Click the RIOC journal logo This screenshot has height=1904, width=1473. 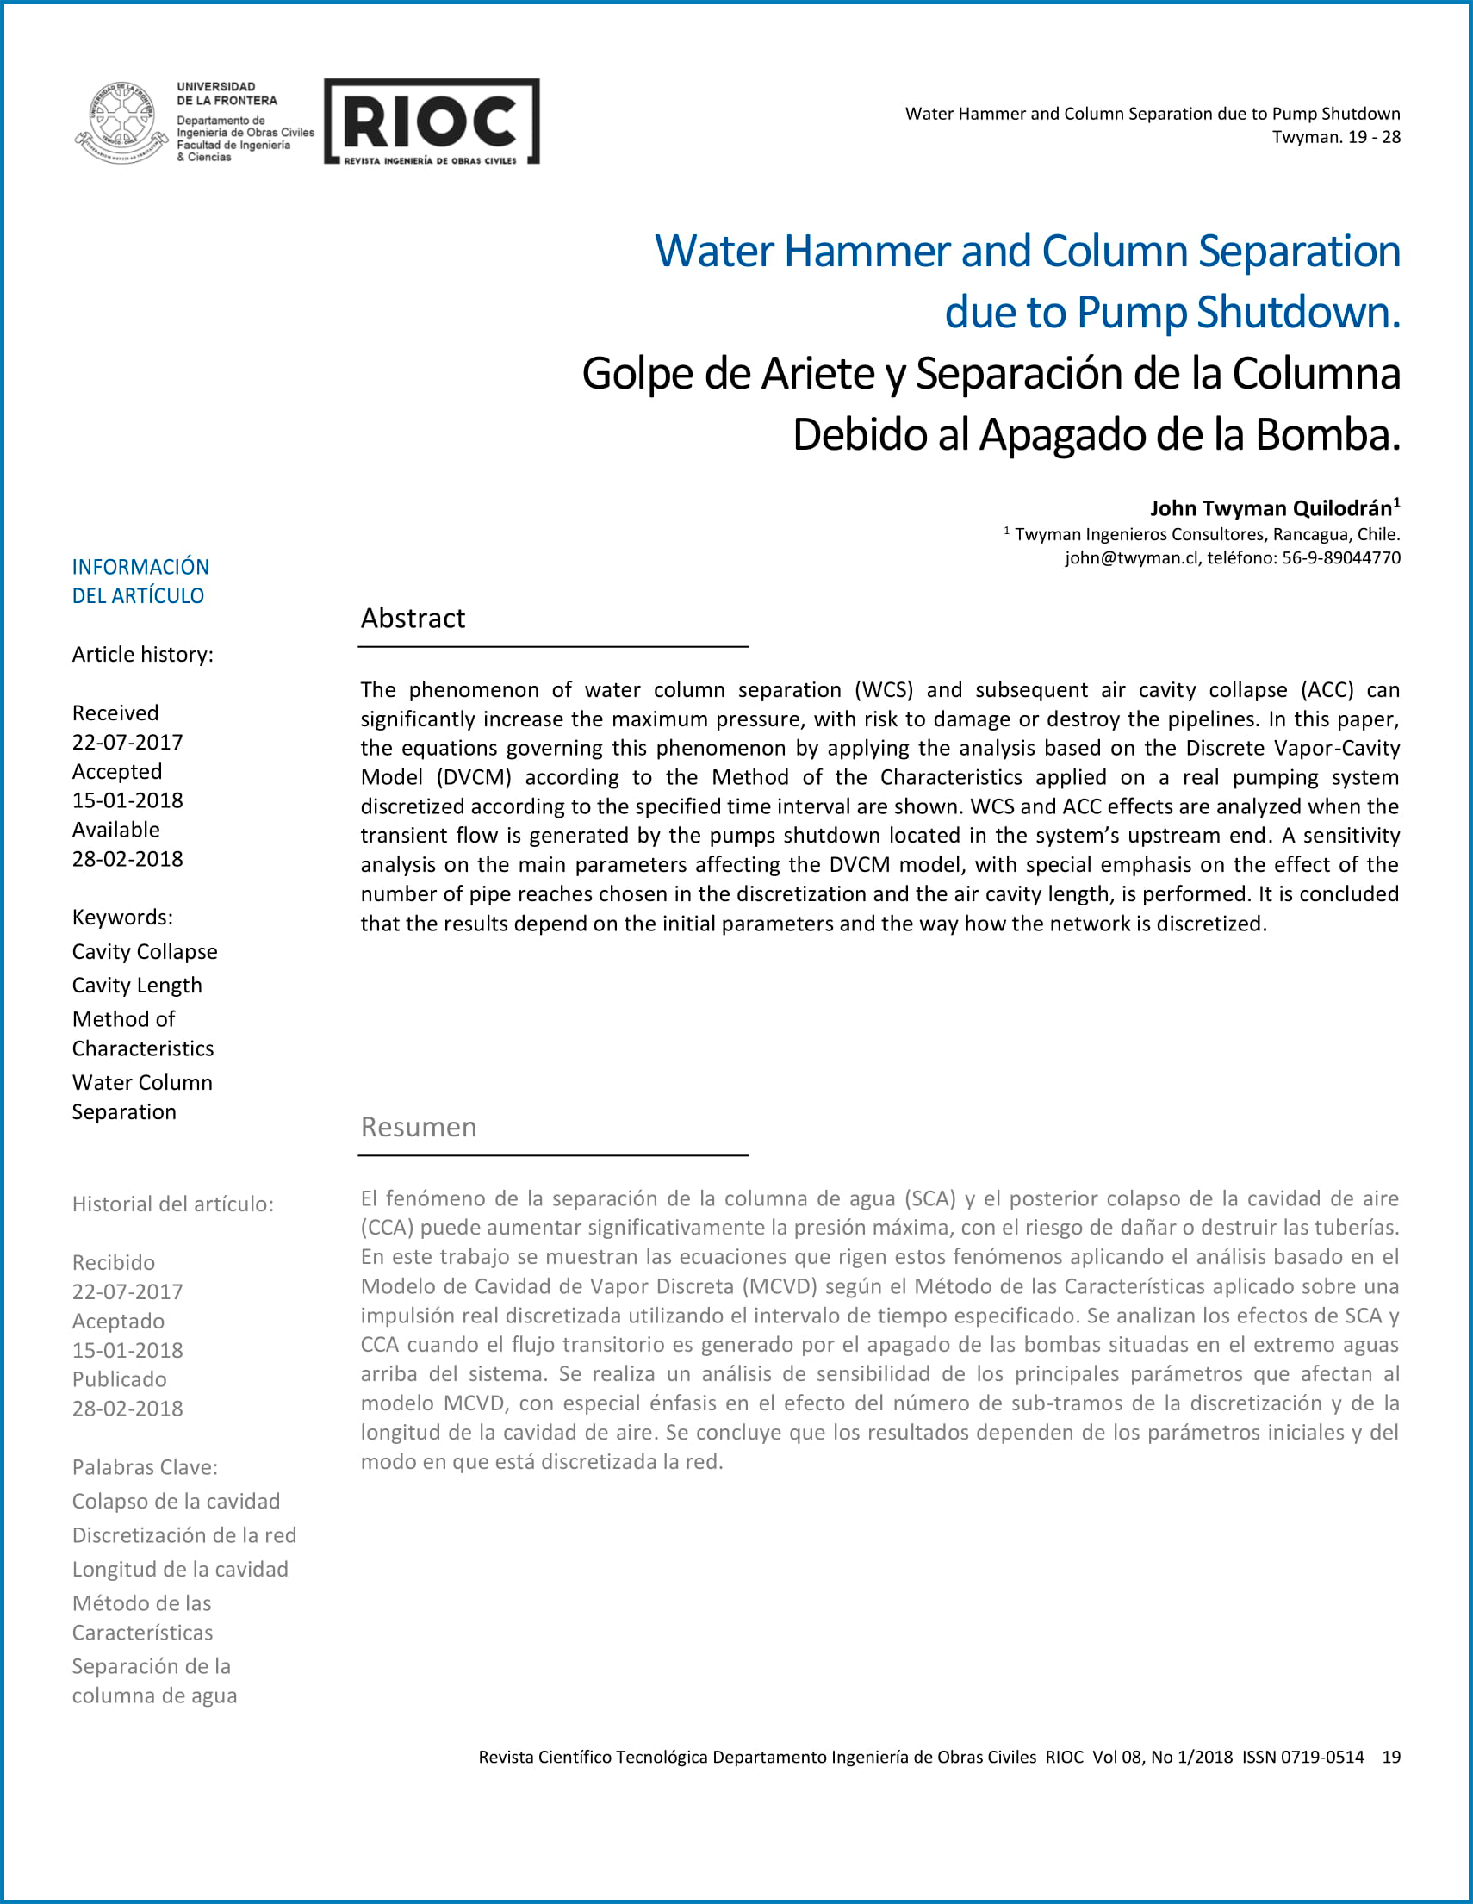(x=432, y=121)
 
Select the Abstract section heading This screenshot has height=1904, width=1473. (x=413, y=618)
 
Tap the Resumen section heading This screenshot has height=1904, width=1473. (x=419, y=1127)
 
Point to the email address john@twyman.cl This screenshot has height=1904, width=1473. (x=1130, y=558)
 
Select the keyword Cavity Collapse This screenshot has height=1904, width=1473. (x=145, y=951)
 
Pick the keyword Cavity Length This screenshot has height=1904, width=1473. (x=137, y=985)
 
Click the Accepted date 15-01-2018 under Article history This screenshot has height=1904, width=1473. (x=127, y=800)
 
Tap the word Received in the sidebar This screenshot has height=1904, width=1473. (x=115, y=713)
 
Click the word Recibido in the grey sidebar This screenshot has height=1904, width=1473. (x=114, y=1262)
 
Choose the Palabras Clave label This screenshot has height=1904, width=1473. (x=145, y=1467)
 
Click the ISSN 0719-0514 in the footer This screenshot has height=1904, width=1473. (x=1303, y=1757)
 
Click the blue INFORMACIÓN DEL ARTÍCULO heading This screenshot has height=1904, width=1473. (x=140, y=582)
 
